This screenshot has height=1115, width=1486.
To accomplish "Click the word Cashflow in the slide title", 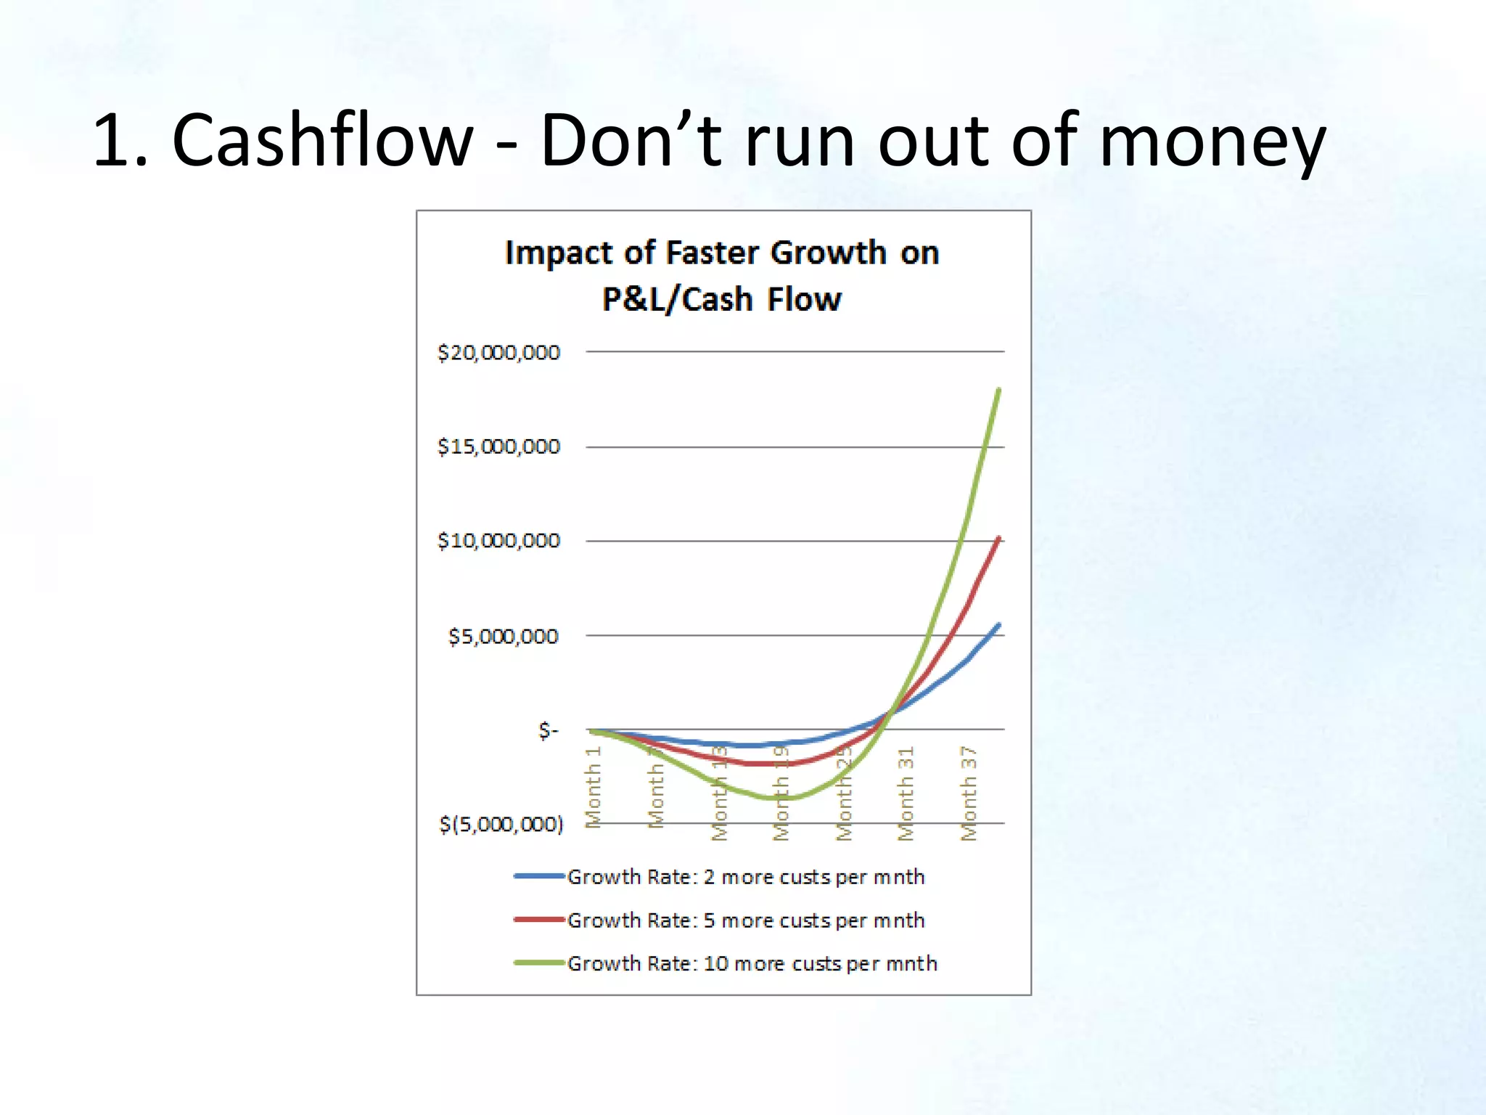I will pyautogui.click(x=322, y=140).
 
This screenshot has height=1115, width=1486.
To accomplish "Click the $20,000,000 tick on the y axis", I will pyautogui.click(x=498, y=353).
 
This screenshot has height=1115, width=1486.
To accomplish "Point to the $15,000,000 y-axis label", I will pyautogui.click(x=498, y=446).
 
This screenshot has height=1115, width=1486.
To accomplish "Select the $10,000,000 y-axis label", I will pyautogui.click(x=498, y=541).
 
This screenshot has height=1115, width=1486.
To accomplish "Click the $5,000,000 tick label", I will pyautogui.click(x=503, y=637).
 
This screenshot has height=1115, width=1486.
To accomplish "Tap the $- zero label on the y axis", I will pyautogui.click(x=548, y=730).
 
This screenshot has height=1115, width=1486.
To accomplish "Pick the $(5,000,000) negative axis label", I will pyautogui.click(x=501, y=824).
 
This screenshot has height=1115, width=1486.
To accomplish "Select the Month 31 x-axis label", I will pyautogui.click(x=906, y=793).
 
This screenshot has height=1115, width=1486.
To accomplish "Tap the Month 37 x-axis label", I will pyautogui.click(x=969, y=793).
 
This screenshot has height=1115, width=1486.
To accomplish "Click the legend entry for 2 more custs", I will pyautogui.click(x=745, y=877).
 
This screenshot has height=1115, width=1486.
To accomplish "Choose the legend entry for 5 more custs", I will pyautogui.click(x=745, y=920).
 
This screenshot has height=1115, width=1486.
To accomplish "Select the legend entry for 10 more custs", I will pyautogui.click(x=752, y=964).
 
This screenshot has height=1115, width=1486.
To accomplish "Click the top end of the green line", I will pyautogui.click(x=999, y=391).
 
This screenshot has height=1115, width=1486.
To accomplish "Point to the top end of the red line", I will pyautogui.click(x=999, y=539).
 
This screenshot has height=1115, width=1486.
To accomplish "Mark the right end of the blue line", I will pyautogui.click(x=999, y=625).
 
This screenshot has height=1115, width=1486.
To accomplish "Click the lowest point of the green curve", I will pyautogui.click(x=776, y=798).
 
